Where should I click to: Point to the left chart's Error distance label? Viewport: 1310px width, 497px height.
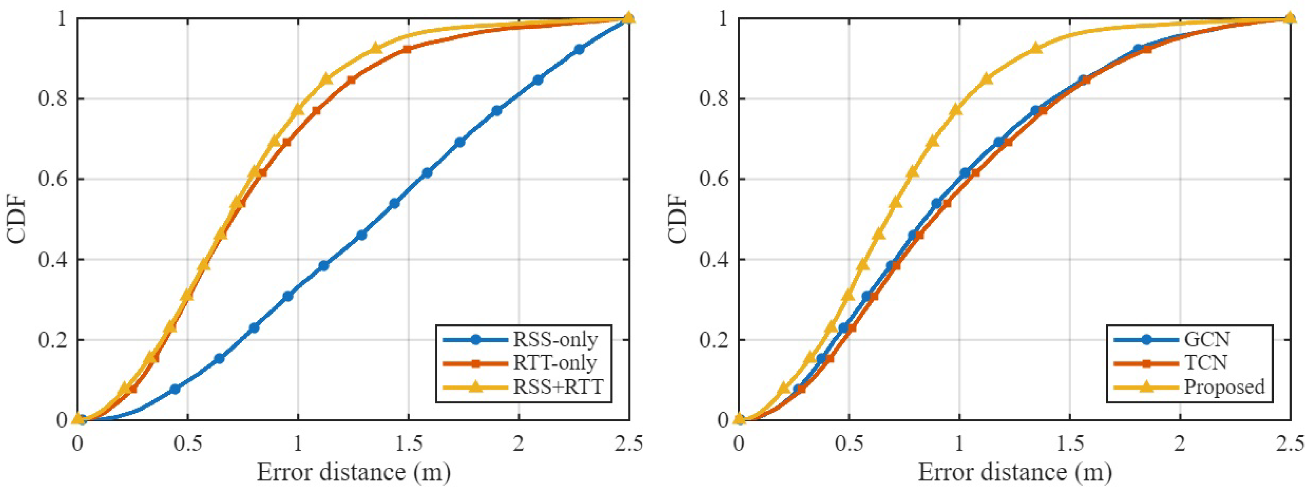click(353, 472)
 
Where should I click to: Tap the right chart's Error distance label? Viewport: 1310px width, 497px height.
click(1015, 472)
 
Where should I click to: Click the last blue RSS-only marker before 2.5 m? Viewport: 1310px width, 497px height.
click(579, 49)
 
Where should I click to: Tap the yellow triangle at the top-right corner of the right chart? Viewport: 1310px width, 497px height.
click(1290, 18)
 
